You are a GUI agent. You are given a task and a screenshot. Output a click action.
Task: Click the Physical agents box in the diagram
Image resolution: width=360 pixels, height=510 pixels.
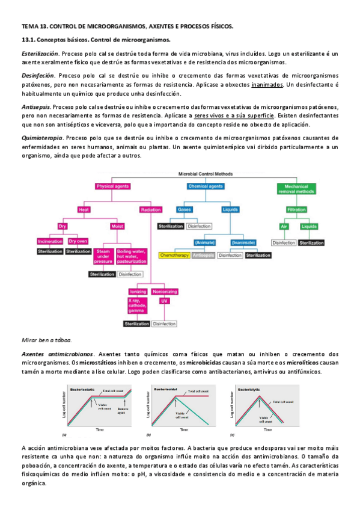[114, 186]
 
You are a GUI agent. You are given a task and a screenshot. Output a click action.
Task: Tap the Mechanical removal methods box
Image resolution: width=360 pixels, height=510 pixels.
[293, 189]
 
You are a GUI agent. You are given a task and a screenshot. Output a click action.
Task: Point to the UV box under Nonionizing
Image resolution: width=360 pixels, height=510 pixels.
[164, 300]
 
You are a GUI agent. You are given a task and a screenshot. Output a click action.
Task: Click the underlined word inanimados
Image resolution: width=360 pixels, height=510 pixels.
[267, 85]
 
